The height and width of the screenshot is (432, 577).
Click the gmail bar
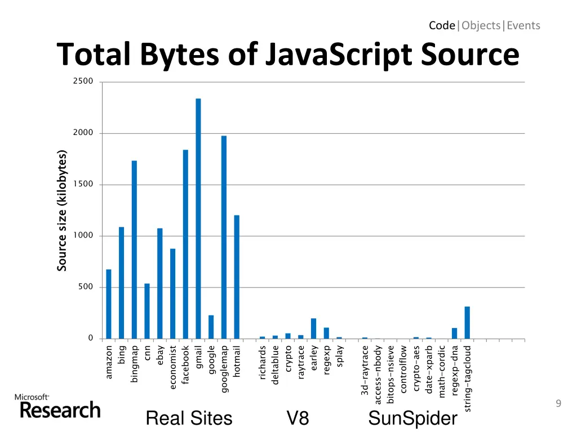[x=198, y=219]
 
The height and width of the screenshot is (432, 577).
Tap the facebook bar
[x=185, y=244]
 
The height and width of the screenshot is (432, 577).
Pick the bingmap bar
[x=134, y=250]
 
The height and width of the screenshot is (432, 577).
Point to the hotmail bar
[x=237, y=277]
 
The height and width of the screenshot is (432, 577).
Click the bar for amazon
[x=109, y=304]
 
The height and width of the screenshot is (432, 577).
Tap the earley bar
[x=313, y=328]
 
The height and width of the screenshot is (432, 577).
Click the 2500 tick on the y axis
[x=83, y=82]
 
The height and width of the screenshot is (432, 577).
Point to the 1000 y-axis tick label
[x=83, y=236]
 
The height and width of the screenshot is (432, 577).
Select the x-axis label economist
[x=173, y=367]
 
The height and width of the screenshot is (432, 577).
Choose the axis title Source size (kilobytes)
[x=62, y=210]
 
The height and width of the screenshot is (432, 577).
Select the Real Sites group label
[x=189, y=418]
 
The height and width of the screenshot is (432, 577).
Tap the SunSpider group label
[x=412, y=418]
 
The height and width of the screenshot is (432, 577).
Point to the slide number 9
[x=558, y=403]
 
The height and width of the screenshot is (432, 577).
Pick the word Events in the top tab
[x=523, y=25]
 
